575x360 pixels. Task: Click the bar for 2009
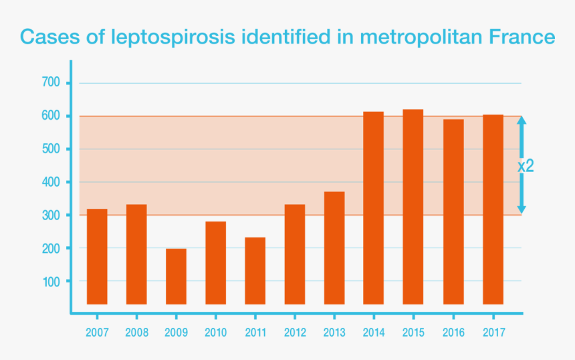tap(176, 276)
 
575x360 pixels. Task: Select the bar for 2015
tap(413, 207)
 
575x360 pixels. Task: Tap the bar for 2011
tap(255, 270)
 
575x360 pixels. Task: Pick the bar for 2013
tap(334, 248)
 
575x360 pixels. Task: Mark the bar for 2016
tap(453, 211)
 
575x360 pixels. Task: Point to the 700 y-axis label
tap(51, 83)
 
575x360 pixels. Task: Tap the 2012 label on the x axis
tap(295, 333)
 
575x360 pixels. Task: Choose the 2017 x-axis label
tap(493, 333)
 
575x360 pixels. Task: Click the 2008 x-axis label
tap(136, 333)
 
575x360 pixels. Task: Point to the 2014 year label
tap(374, 333)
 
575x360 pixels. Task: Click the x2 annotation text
tap(526, 166)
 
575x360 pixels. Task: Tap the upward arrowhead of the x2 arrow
tap(522, 120)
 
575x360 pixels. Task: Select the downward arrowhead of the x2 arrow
tap(522, 209)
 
